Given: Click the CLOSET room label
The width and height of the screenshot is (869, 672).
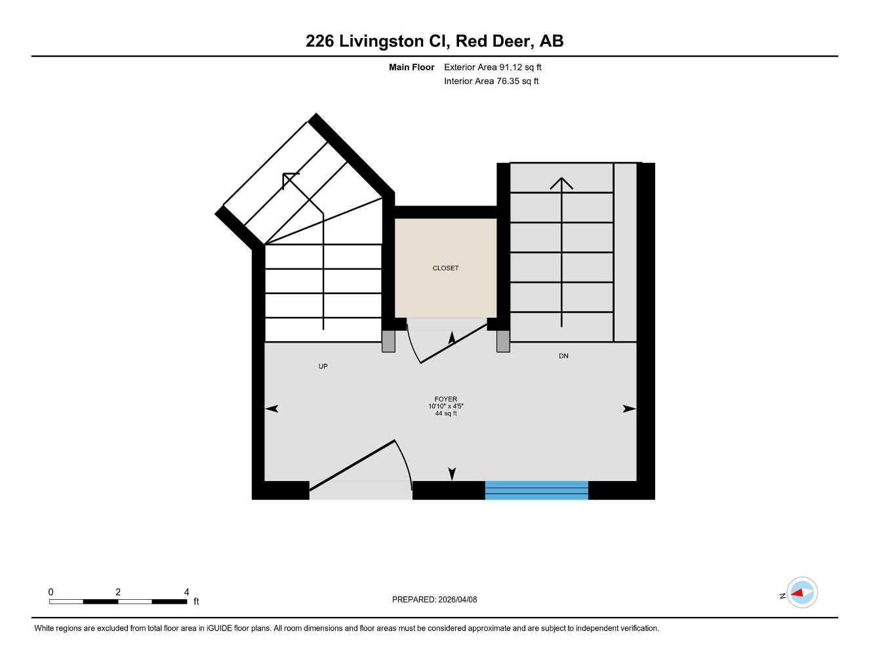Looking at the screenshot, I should [445, 268].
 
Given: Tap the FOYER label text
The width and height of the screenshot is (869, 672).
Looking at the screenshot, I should [445, 399].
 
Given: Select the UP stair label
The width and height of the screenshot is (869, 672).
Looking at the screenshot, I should [323, 366].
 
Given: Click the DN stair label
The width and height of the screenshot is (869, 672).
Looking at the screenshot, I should [563, 356].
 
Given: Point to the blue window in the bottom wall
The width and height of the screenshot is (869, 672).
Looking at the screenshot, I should [536, 490].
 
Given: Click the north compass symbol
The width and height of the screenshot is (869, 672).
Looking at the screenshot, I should [801, 593].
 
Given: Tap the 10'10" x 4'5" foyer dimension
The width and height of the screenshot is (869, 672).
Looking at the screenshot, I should [446, 406].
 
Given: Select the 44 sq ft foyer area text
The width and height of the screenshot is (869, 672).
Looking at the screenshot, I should [446, 413].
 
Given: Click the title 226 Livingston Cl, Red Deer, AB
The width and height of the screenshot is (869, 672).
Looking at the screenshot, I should [434, 41].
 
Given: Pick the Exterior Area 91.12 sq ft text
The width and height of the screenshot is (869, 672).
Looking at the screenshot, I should [493, 67].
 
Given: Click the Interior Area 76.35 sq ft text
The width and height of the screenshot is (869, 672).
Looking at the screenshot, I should [491, 81].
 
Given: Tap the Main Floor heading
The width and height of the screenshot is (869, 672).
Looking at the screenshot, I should [411, 67].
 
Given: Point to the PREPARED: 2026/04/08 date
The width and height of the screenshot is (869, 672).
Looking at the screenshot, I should [434, 599].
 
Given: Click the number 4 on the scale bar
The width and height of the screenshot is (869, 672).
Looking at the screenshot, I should [186, 592].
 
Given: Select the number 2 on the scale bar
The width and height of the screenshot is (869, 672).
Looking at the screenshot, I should [118, 592].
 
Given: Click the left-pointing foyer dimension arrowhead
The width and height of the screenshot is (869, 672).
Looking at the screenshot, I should [272, 409].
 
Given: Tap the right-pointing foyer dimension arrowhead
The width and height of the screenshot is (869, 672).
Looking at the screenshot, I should [629, 409].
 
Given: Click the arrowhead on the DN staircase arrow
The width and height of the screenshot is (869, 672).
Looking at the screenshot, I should [561, 183].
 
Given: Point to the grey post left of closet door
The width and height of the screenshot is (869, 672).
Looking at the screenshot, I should [389, 341].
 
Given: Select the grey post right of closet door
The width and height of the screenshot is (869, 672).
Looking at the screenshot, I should [503, 341].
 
